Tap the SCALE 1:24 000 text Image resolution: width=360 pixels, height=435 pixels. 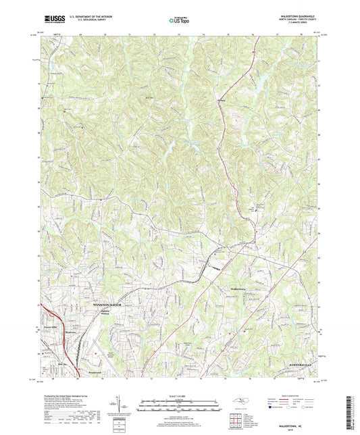tap(180, 396)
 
